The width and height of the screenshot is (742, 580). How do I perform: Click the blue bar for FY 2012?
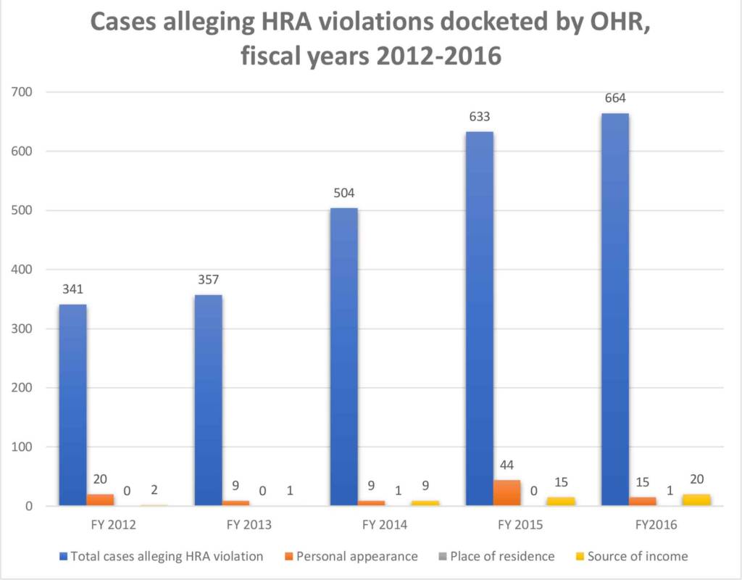(x=72, y=405)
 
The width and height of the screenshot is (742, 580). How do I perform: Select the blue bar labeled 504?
(x=344, y=357)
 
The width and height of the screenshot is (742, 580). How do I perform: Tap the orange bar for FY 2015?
(x=507, y=493)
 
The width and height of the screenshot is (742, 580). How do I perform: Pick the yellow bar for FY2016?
(x=696, y=500)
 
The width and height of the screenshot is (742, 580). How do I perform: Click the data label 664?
(x=615, y=98)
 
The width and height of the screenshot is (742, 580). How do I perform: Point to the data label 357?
(x=208, y=279)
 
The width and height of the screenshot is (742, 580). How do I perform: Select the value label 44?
(x=507, y=465)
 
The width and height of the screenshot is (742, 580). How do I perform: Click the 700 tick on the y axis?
(x=22, y=92)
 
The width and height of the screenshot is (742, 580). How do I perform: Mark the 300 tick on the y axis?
(x=22, y=328)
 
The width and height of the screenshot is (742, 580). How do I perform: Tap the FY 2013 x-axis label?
(x=249, y=525)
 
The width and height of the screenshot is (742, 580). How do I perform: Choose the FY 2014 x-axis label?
(x=385, y=525)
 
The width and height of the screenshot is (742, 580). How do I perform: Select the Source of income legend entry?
(x=632, y=556)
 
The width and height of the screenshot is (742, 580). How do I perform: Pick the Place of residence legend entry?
(x=497, y=556)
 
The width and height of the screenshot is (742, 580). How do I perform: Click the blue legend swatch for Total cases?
(x=64, y=557)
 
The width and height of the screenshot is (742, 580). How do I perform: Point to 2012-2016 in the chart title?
(x=438, y=56)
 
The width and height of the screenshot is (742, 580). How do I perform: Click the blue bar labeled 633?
(x=480, y=319)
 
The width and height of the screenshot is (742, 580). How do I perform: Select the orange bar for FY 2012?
(x=100, y=500)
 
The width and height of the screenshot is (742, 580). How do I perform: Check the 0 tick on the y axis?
(x=29, y=506)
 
